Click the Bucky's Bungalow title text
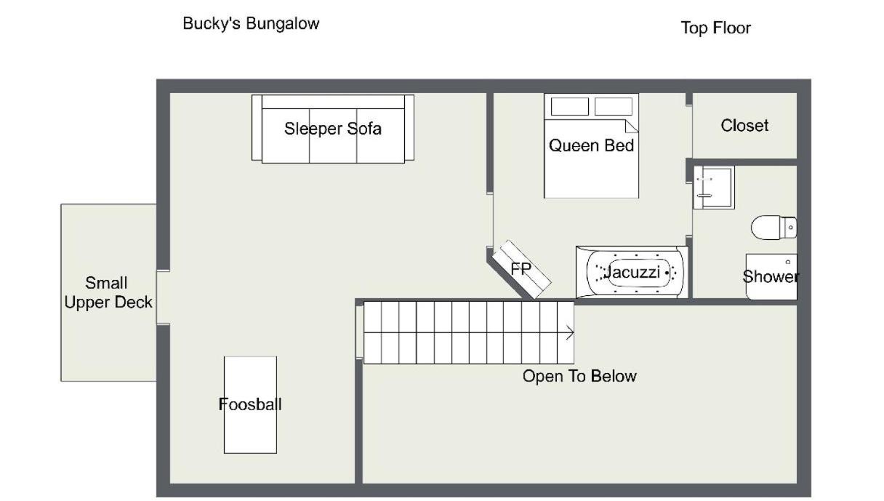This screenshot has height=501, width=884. pyautogui.click(x=251, y=24)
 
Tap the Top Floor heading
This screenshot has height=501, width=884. pyautogui.click(x=716, y=28)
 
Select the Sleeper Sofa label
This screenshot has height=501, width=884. pyautogui.click(x=333, y=129)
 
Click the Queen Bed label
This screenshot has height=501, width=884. pyautogui.click(x=591, y=145)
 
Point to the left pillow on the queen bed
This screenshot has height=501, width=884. pyautogui.click(x=570, y=106)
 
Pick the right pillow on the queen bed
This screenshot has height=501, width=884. pyautogui.click(x=614, y=106)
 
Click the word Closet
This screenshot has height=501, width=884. pyautogui.click(x=744, y=126)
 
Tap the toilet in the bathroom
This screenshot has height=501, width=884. pyautogui.click(x=773, y=228)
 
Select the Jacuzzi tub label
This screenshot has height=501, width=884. pyautogui.click(x=632, y=272)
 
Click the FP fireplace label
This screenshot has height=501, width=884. pyautogui.click(x=521, y=269)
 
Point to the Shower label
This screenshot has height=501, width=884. pyautogui.click(x=771, y=276)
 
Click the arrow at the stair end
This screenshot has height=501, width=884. pyautogui.click(x=569, y=332)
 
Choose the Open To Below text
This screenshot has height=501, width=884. pyautogui.click(x=579, y=376)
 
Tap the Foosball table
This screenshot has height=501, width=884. pyautogui.click(x=250, y=405)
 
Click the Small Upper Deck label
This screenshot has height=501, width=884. pyautogui.click(x=108, y=292)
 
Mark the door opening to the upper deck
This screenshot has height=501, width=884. pyautogui.click(x=163, y=297)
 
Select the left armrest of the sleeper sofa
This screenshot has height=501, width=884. pyautogui.click(x=257, y=127)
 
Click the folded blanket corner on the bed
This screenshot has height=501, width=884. pyautogui.click(x=632, y=126)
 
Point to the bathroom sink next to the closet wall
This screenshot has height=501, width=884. pyautogui.click(x=714, y=187)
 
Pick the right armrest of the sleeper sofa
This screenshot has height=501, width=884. pyautogui.click(x=409, y=127)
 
